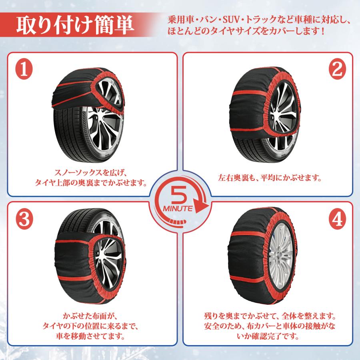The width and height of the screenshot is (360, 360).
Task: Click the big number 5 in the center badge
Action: coord(179,194)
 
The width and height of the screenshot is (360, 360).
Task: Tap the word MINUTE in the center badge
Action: coord(178,208)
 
